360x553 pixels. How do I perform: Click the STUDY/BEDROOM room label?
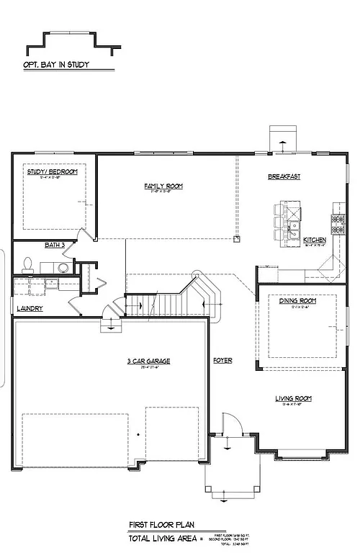point(51,172)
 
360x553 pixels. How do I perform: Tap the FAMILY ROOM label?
point(163,186)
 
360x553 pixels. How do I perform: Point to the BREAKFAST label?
point(284,176)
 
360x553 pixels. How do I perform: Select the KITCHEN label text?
point(315,240)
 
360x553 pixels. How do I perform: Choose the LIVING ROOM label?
point(293,397)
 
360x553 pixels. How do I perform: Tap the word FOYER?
point(222,360)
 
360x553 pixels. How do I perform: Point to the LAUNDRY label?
point(30,309)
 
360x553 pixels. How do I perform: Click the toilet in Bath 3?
point(28,264)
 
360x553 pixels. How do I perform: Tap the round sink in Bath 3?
point(64,268)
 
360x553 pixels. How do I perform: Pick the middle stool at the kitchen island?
point(278,223)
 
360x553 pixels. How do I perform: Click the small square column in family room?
point(236,237)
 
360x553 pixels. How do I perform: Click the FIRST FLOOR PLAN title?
point(162,526)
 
